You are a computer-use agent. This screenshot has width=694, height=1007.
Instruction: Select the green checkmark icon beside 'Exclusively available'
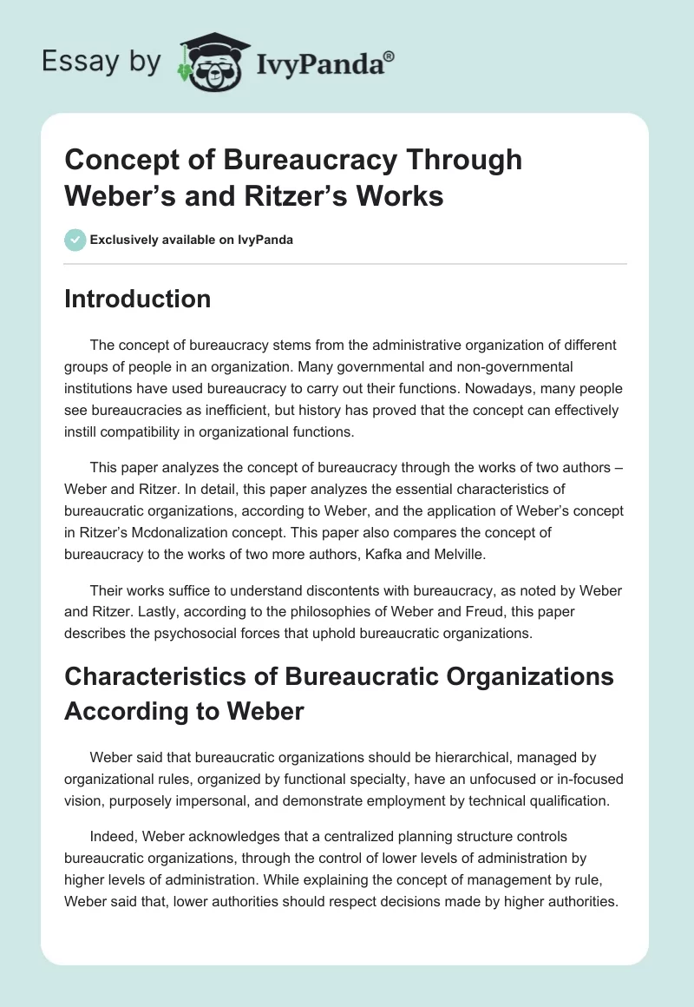(x=75, y=240)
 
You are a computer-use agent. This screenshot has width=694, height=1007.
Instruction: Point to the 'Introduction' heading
(x=138, y=299)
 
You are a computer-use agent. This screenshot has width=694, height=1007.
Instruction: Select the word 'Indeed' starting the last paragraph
(x=111, y=837)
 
